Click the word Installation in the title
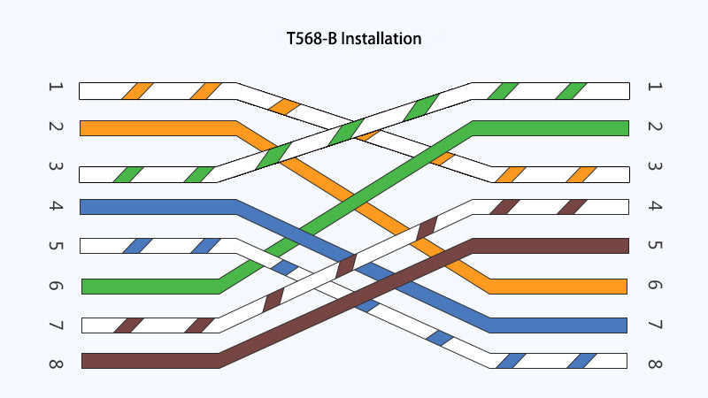coord(381,39)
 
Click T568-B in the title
coord(312,39)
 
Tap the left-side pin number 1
coord(56,87)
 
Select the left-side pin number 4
coord(56,206)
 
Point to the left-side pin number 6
coord(56,286)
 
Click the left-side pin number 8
coord(56,364)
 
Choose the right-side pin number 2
coord(655,126)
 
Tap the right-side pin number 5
coord(655,245)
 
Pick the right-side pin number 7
coord(655,325)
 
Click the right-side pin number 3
coord(655,166)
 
